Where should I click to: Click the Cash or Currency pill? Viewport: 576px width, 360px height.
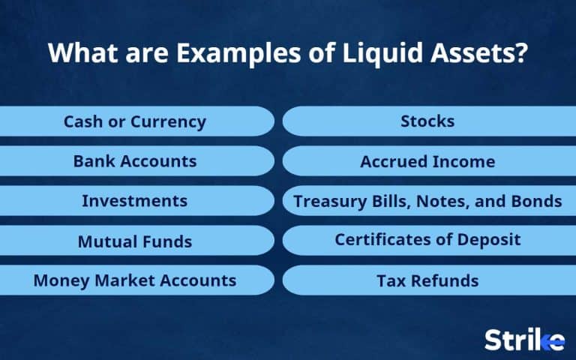[x=135, y=121]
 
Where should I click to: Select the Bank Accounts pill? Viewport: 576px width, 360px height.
[x=135, y=161]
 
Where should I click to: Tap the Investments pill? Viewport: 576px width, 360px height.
[x=135, y=201]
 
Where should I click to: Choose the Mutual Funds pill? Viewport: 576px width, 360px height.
[x=135, y=241]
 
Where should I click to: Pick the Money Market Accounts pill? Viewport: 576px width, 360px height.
[x=135, y=280]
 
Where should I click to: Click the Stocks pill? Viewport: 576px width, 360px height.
[x=427, y=121]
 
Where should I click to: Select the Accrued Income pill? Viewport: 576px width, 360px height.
[x=427, y=161]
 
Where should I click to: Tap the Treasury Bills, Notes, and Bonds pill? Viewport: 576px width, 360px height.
[x=427, y=201]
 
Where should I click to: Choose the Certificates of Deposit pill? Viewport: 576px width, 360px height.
[x=427, y=241]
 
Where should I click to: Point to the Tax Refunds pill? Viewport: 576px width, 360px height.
[x=427, y=280]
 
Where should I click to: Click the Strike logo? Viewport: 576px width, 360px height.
[x=524, y=339]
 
